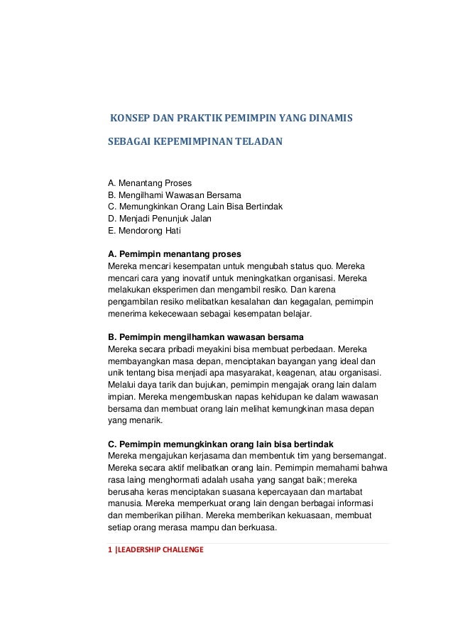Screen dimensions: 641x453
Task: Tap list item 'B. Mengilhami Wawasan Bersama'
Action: pos(174,194)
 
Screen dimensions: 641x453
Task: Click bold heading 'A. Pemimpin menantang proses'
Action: pos(173,254)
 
